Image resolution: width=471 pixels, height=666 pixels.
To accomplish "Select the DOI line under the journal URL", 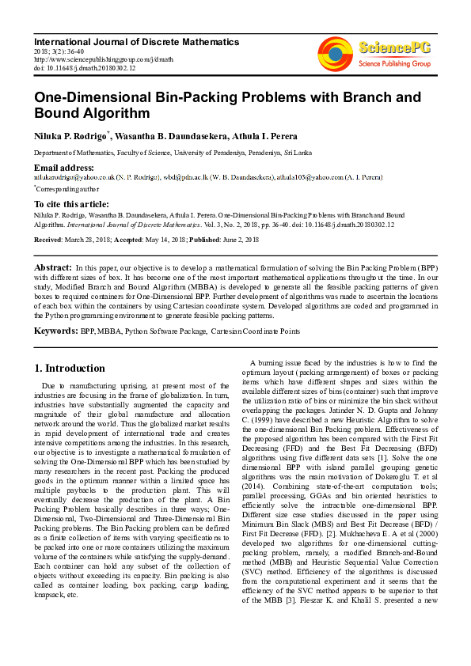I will (x=85, y=68).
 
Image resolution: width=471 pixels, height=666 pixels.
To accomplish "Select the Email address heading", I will (x=63, y=168).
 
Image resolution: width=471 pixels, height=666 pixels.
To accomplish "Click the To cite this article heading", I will (x=72, y=204).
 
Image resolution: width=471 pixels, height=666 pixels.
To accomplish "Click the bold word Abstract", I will (x=54, y=269).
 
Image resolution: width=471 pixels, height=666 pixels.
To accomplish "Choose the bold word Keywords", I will (x=55, y=330).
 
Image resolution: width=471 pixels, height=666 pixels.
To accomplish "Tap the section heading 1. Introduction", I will (x=70, y=368).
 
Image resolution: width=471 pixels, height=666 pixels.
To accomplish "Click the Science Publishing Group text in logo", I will (x=394, y=62).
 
